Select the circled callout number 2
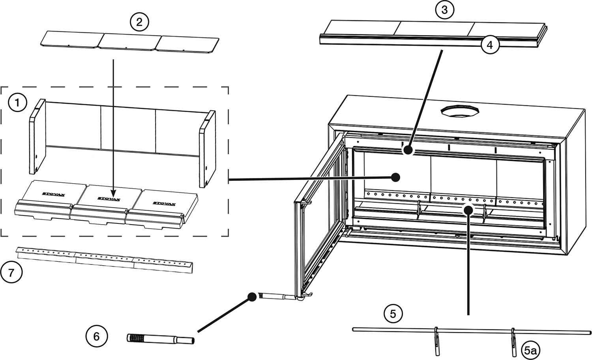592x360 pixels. point(139,22)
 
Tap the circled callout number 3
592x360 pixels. point(445,10)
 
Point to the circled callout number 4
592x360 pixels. point(490,45)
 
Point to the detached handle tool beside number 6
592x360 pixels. point(160,339)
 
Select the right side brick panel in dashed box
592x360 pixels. point(208,148)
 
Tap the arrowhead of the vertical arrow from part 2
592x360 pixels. point(113,194)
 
